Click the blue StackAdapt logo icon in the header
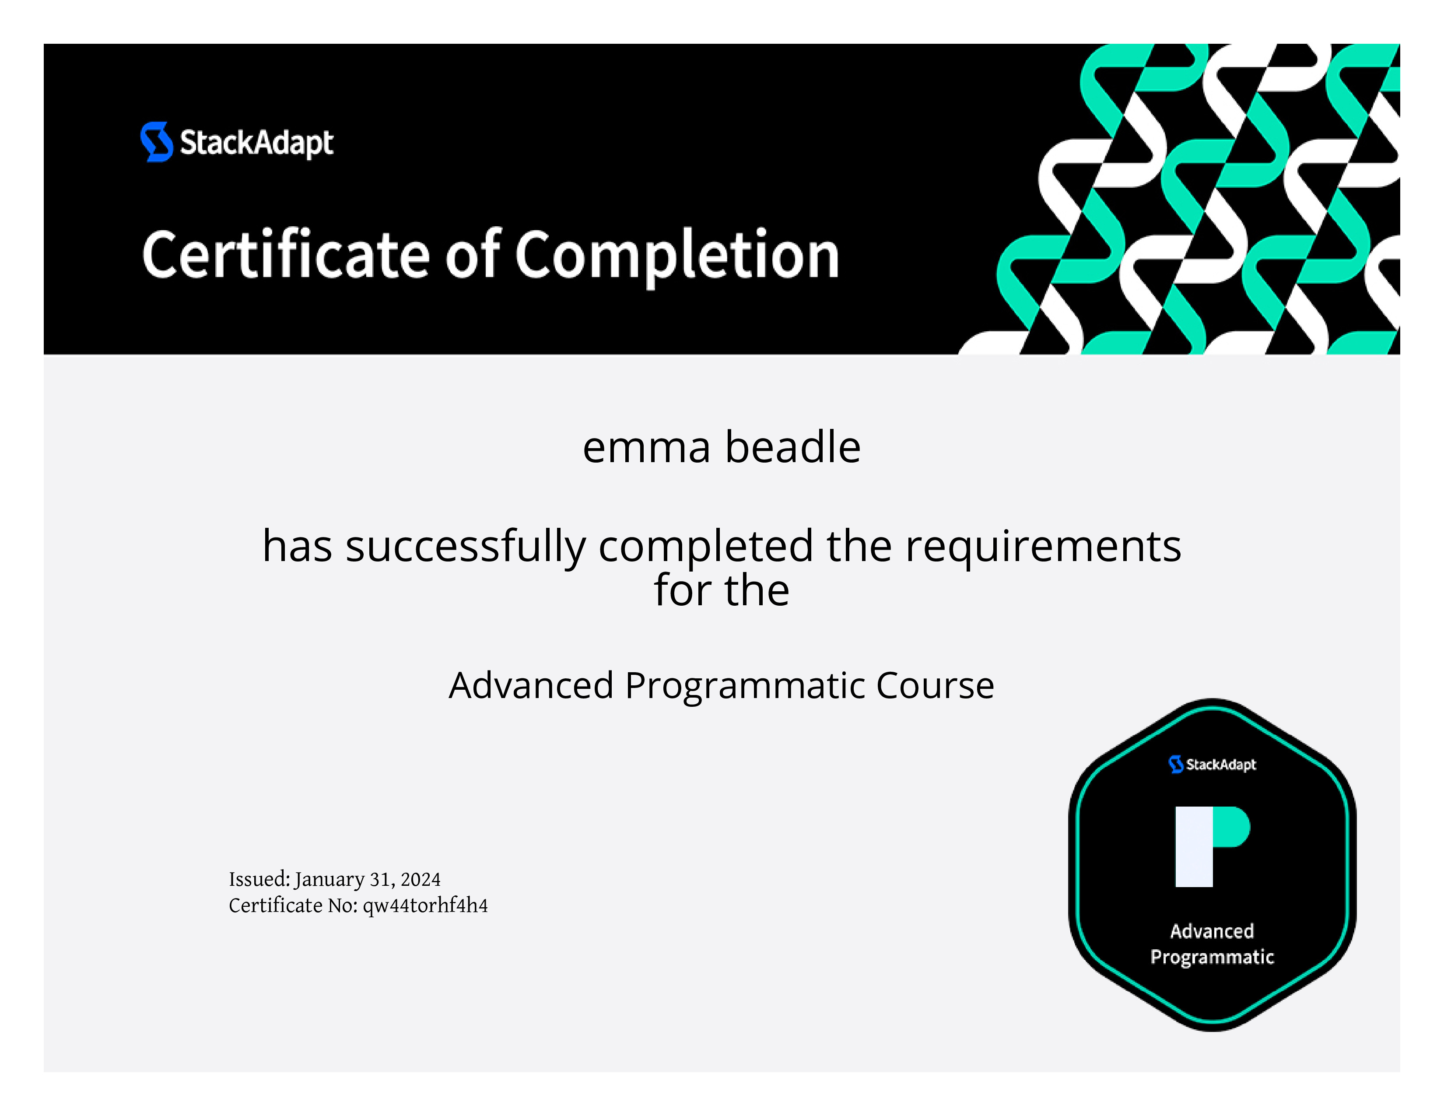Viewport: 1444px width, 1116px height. (157, 141)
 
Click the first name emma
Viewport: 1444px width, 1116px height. (646, 448)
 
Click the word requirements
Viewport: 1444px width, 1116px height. (1043, 548)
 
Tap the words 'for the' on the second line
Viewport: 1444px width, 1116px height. (721, 590)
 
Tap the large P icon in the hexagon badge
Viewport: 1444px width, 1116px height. (1212, 846)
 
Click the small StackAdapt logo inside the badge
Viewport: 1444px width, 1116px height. (1212, 764)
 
